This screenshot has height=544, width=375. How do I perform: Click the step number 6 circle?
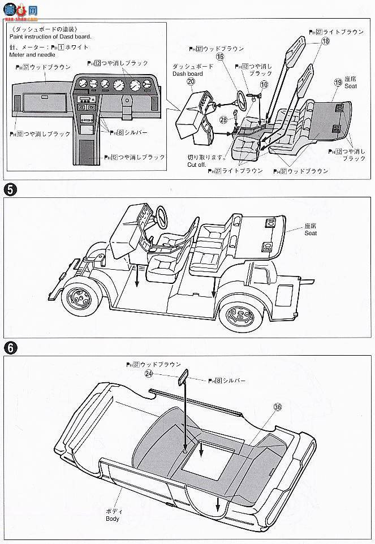tap(10, 348)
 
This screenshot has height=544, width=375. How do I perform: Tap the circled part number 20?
tap(191, 81)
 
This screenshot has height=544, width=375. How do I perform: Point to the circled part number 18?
tap(325, 41)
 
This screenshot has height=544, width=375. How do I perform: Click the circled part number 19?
tap(338, 83)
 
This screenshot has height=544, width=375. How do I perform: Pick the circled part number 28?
tap(223, 120)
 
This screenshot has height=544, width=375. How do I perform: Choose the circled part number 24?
tap(149, 373)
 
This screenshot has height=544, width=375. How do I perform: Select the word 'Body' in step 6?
tap(113, 518)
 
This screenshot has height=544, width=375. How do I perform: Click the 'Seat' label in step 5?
tap(311, 233)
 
